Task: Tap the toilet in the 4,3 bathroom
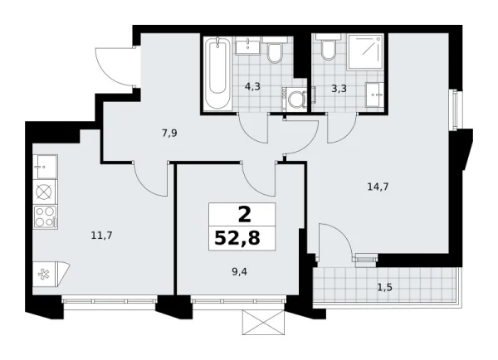275,55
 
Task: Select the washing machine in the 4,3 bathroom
294,98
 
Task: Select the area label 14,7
378,187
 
